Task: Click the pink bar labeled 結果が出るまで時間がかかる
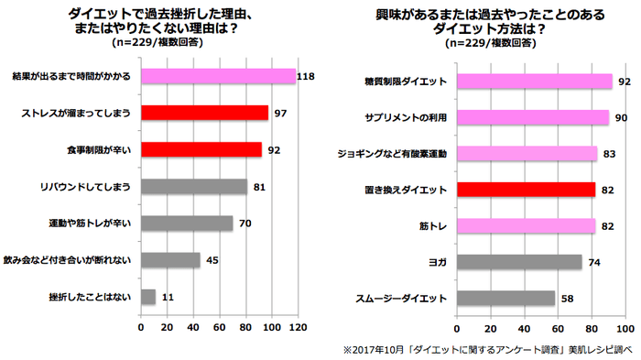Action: tap(218, 76)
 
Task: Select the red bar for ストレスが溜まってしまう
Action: tap(204, 113)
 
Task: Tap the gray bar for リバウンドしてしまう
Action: tap(194, 187)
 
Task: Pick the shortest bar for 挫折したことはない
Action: tap(148, 297)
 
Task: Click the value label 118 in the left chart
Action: tap(306, 76)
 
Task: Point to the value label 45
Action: tap(211, 260)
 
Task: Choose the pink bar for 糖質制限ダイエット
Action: tap(534, 82)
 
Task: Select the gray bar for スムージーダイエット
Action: tap(505, 298)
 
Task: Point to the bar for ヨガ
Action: tap(519, 262)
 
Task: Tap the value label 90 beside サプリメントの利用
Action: tap(620, 117)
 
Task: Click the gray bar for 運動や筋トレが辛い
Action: tap(187, 224)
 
